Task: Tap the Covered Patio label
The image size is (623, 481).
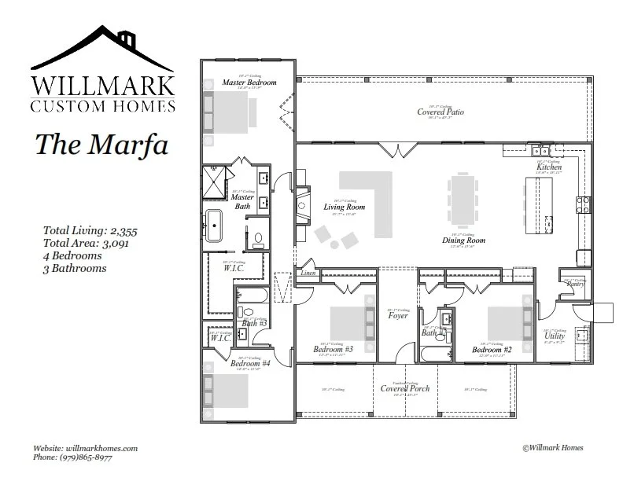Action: (440, 112)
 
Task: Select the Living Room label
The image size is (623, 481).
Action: (340, 207)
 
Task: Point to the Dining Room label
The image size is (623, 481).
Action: (463, 240)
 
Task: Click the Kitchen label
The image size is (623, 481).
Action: (548, 167)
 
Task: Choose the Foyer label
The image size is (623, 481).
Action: (398, 315)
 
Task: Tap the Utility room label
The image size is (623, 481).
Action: (555, 336)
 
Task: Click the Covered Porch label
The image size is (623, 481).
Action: (405, 388)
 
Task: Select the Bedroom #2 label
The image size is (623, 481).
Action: (492, 349)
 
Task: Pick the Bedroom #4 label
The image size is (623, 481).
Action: (250, 363)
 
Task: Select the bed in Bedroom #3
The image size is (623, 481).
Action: (347, 321)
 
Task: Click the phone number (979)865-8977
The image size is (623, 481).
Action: (75, 457)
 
